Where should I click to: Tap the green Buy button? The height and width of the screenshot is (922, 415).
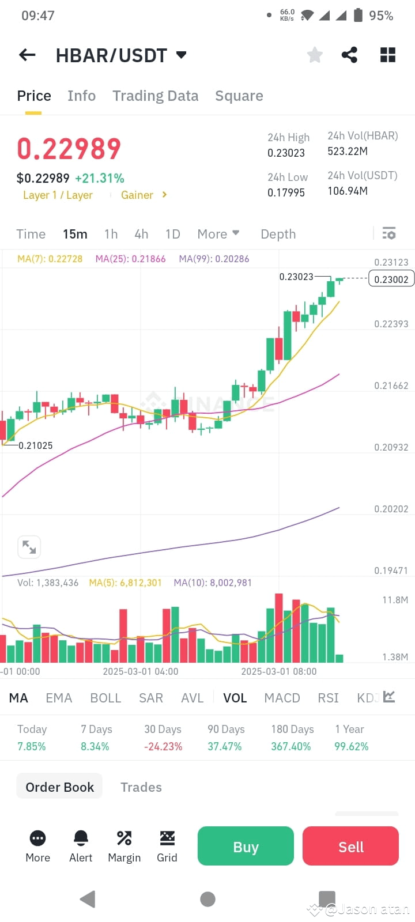246,847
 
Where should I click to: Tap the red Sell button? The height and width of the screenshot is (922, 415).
350,847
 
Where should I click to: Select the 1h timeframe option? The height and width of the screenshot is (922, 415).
111,234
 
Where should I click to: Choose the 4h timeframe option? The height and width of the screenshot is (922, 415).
141,234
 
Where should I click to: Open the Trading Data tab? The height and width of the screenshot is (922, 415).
155,96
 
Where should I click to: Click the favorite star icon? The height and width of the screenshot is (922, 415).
315,55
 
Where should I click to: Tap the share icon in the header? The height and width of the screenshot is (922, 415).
349,55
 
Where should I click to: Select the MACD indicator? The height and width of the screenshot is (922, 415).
282,698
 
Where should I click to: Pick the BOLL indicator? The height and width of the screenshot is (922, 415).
105,698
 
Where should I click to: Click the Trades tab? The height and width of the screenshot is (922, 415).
141,787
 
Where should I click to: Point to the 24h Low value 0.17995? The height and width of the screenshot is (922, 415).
286,192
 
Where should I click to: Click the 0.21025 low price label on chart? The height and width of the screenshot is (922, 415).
35,445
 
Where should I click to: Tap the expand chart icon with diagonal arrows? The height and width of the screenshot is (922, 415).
29,547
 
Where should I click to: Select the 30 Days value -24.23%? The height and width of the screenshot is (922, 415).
163,746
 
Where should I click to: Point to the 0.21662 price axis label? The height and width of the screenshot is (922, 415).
391,386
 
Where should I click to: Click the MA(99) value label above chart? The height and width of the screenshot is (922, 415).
214,259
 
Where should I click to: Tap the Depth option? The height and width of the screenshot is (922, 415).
278,234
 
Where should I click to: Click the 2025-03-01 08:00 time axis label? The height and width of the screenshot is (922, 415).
278,671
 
